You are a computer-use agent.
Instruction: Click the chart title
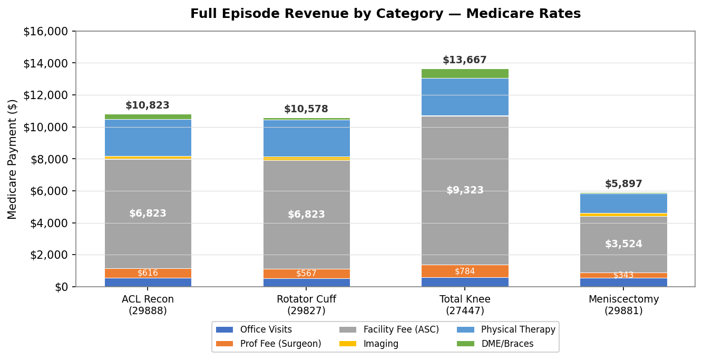click(x=385, y=14)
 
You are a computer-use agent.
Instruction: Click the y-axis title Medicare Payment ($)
click(x=13, y=159)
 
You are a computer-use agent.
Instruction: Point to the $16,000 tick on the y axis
click(x=46, y=32)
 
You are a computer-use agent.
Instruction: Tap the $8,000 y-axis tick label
click(x=50, y=159)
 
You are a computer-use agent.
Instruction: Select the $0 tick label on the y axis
click(x=61, y=287)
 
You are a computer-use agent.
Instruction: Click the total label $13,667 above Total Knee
click(x=464, y=60)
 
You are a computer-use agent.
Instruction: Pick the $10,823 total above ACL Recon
click(x=148, y=105)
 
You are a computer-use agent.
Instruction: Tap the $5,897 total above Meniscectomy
click(x=623, y=184)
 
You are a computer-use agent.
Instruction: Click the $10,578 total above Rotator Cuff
click(x=306, y=109)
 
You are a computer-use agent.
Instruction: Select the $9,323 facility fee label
click(x=464, y=190)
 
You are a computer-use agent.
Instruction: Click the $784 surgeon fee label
click(x=464, y=271)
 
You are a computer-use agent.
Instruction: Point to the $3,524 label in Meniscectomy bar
click(x=623, y=244)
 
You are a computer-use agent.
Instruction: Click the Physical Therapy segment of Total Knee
click(x=464, y=97)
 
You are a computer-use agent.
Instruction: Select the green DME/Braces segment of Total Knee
click(x=464, y=73)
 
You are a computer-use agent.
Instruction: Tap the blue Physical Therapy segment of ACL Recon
click(x=148, y=138)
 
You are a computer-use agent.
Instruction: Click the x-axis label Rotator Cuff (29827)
click(x=306, y=305)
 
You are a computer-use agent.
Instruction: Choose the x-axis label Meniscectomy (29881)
click(x=623, y=305)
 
